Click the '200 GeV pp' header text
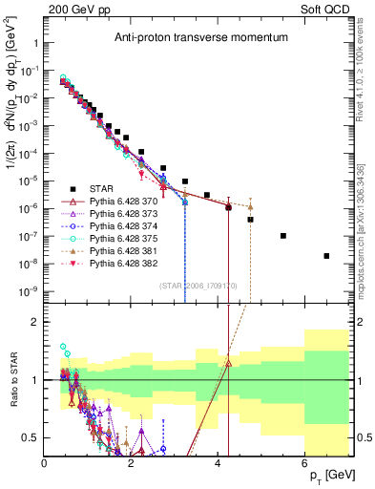click(x=73, y=8)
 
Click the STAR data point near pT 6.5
click(x=326, y=256)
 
